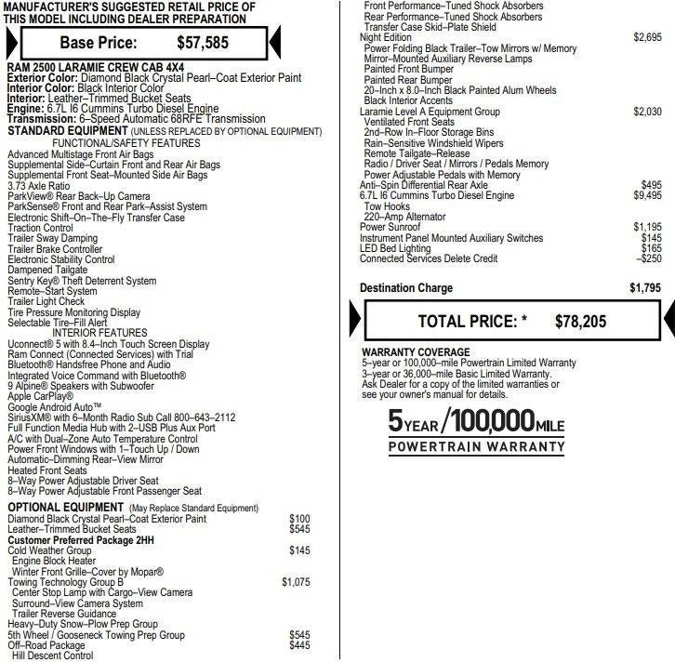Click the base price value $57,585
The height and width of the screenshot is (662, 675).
coord(202,43)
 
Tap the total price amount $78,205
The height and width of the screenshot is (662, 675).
coord(580,322)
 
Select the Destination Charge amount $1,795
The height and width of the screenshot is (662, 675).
coord(644,288)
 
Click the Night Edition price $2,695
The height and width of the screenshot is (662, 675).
coord(647,37)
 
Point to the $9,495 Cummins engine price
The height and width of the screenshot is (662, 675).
coord(647,196)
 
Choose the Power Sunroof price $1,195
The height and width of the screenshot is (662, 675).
coord(647,227)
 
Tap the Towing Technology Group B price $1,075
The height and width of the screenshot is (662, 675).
coord(296,582)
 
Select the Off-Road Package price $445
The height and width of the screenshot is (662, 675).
coord(299,645)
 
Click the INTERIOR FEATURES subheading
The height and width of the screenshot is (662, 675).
coord(99,333)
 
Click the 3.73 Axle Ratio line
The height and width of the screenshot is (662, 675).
coord(40,186)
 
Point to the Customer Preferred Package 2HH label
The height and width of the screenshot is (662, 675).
coord(80,539)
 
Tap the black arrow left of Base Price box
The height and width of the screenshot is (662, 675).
coord(8,44)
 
